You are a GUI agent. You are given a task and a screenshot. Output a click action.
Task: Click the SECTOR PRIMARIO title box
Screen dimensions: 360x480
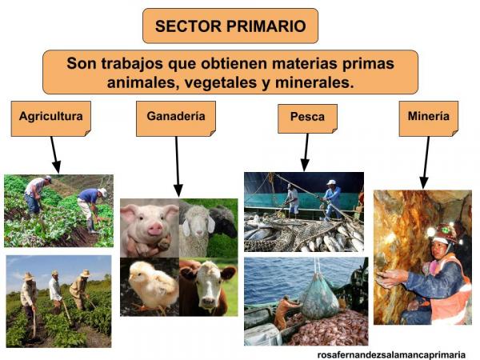230,26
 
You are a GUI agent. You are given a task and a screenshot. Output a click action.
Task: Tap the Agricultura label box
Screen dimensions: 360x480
51,117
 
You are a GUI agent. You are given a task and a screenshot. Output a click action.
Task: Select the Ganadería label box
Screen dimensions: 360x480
176,117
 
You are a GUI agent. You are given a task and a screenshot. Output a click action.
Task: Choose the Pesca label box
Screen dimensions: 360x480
307,118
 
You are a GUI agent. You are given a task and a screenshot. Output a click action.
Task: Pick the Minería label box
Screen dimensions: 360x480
428,117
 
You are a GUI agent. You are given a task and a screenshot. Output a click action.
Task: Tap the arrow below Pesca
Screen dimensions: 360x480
305,152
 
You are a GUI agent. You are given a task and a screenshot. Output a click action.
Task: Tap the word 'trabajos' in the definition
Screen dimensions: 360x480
142,62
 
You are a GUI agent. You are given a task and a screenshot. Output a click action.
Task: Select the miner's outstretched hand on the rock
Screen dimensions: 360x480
387,278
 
